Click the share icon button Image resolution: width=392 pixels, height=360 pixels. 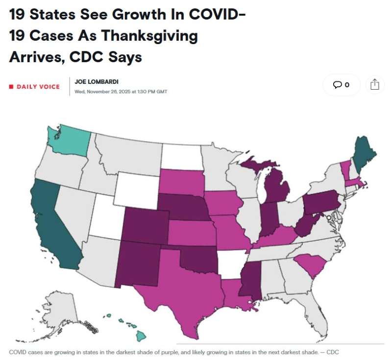374,85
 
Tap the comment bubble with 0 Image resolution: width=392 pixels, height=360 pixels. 341,85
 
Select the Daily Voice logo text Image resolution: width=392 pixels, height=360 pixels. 38,87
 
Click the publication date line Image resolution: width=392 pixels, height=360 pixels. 121,91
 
